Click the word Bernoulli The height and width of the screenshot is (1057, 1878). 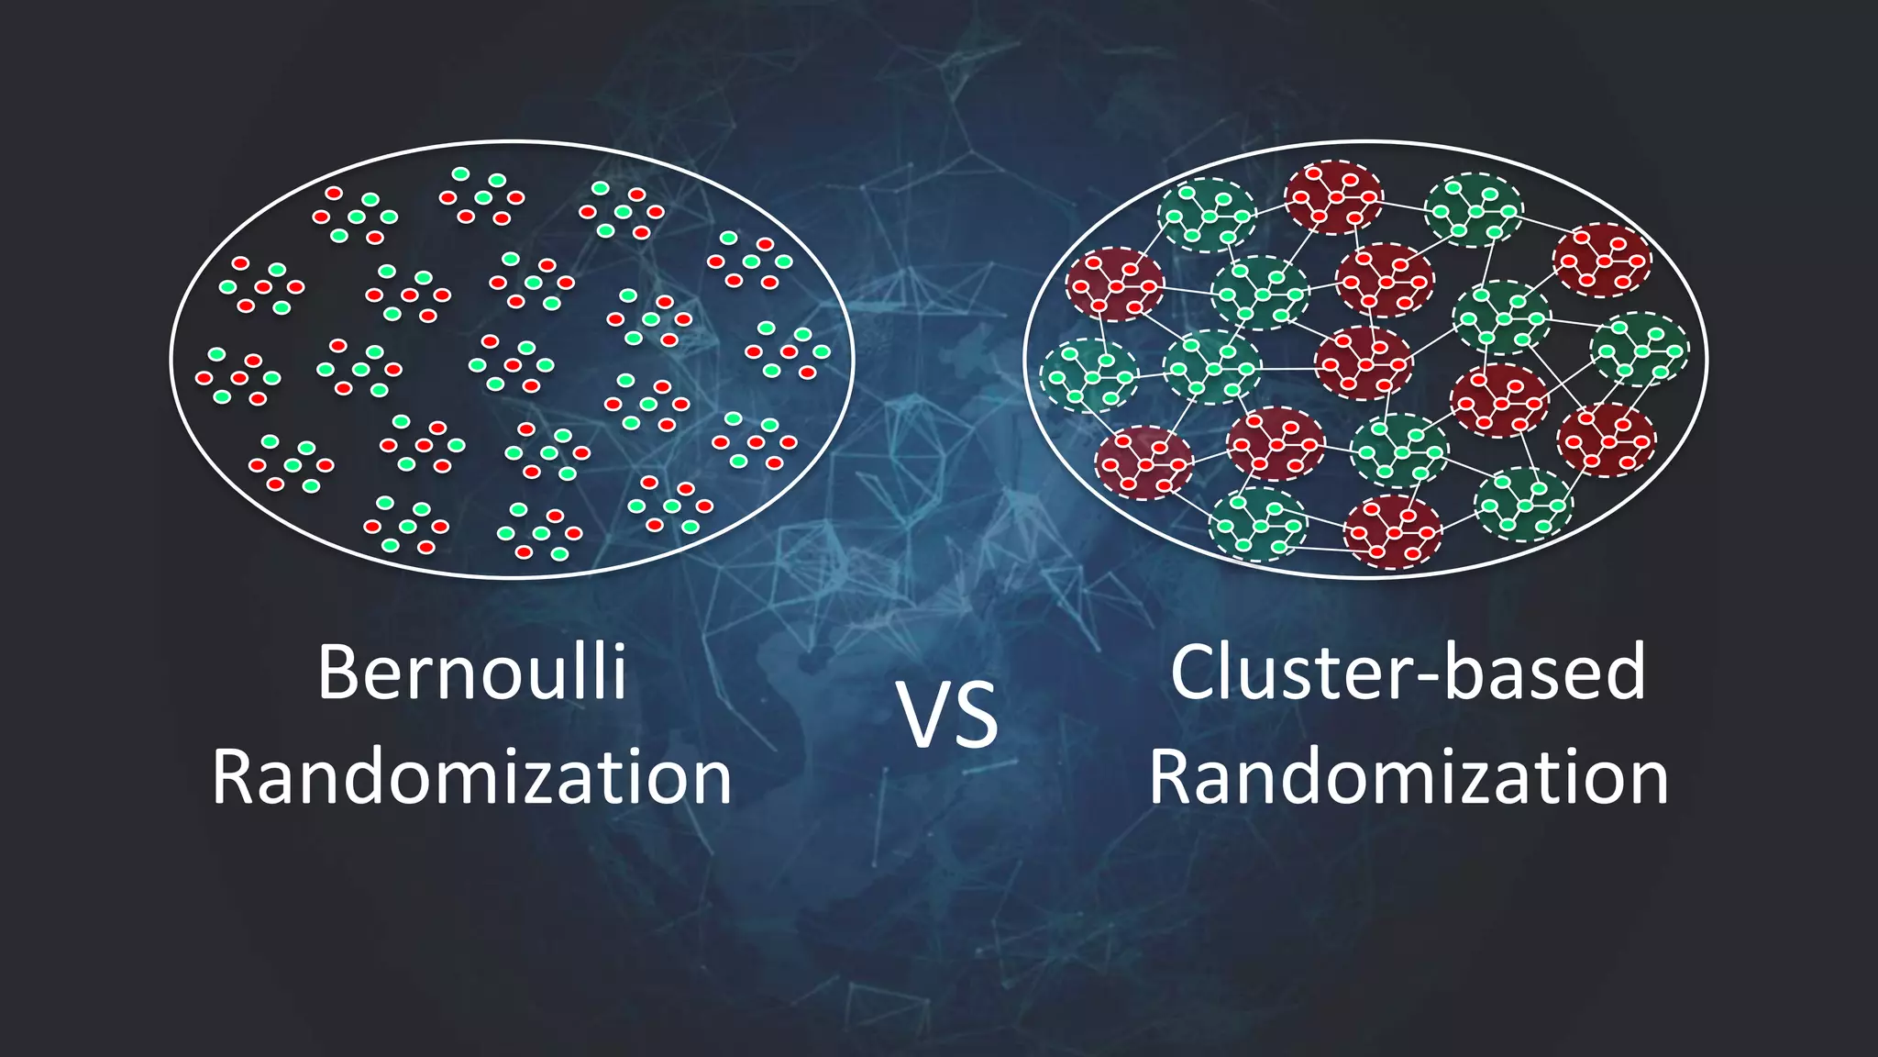[x=471, y=673]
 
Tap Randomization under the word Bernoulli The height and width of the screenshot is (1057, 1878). [x=471, y=777]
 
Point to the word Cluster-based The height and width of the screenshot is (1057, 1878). [x=1408, y=673]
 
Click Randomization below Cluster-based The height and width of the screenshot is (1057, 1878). [x=1408, y=777]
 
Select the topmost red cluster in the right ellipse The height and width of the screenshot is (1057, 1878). [x=1333, y=197]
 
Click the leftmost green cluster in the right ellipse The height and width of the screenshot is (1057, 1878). [x=1088, y=375]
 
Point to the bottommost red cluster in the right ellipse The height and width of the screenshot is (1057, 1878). [x=1392, y=532]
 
